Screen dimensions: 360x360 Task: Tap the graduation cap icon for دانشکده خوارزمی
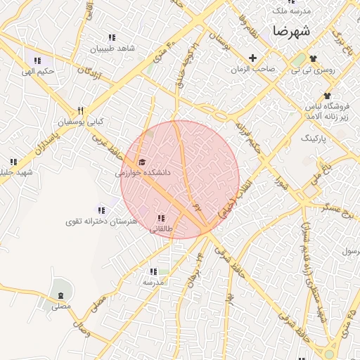point(143,162)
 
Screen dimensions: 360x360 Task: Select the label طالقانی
point(162,229)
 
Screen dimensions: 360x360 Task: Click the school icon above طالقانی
point(162,218)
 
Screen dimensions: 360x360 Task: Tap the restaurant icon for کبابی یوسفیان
point(81,110)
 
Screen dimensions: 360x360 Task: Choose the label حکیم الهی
point(37,71)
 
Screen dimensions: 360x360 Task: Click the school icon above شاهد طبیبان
point(111,38)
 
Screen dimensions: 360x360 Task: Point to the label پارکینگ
point(314,139)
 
